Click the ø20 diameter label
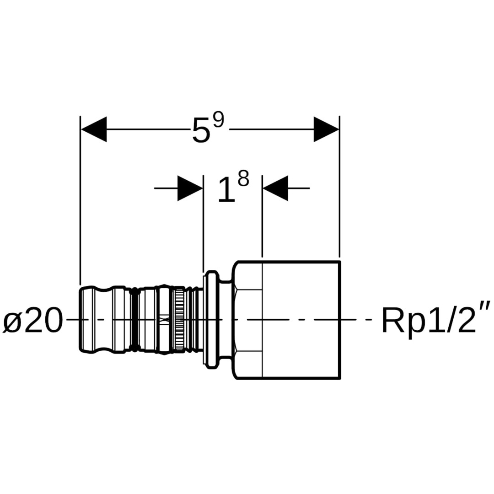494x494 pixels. click(x=33, y=321)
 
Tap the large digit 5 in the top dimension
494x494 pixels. click(x=201, y=131)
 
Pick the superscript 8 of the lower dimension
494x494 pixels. click(x=243, y=179)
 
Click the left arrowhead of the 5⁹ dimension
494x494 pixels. click(x=94, y=129)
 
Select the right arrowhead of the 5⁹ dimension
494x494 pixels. click(x=326, y=129)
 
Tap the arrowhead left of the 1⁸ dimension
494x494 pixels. click(x=190, y=188)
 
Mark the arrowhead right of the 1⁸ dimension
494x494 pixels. click(x=275, y=188)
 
